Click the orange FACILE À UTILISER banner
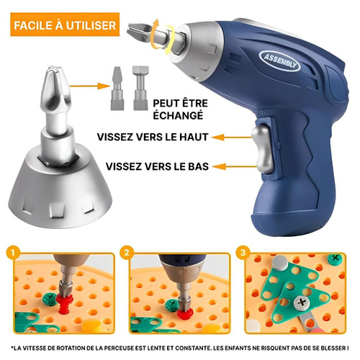[65, 24]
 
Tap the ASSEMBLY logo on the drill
[279, 61]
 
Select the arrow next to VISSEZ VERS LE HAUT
[232, 137]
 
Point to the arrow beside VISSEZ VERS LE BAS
[234, 166]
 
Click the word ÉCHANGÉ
[178, 115]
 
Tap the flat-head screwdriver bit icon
[117, 89]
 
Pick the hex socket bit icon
[140, 88]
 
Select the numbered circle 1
[13, 253]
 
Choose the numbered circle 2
[127, 253]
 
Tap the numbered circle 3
[243, 253]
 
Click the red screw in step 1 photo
[64, 304]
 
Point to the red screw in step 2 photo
[185, 314]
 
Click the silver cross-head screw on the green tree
[302, 303]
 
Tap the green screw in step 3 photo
[335, 258]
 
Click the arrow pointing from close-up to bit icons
[89, 86]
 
